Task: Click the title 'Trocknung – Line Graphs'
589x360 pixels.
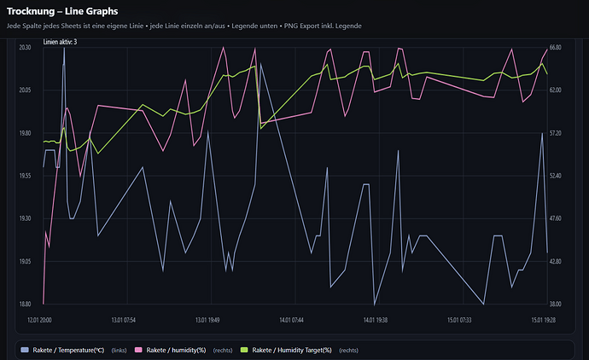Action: [x=62, y=11]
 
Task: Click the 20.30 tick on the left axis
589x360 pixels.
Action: [x=24, y=48]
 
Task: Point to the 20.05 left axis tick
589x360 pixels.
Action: [x=24, y=90]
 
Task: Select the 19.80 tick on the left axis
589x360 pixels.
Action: [x=24, y=134]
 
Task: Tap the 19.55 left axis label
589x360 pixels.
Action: [x=24, y=176]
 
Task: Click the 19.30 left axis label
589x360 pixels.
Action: [x=24, y=219]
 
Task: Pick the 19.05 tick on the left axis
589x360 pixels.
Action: [x=24, y=262]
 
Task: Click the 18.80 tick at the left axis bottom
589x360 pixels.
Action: [x=24, y=305]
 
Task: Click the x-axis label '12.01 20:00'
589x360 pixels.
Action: [x=40, y=320]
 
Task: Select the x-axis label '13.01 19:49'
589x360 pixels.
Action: [x=207, y=320]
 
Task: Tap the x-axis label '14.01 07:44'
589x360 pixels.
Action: [x=291, y=320]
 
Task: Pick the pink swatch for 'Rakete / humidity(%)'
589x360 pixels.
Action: [x=139, y=350]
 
